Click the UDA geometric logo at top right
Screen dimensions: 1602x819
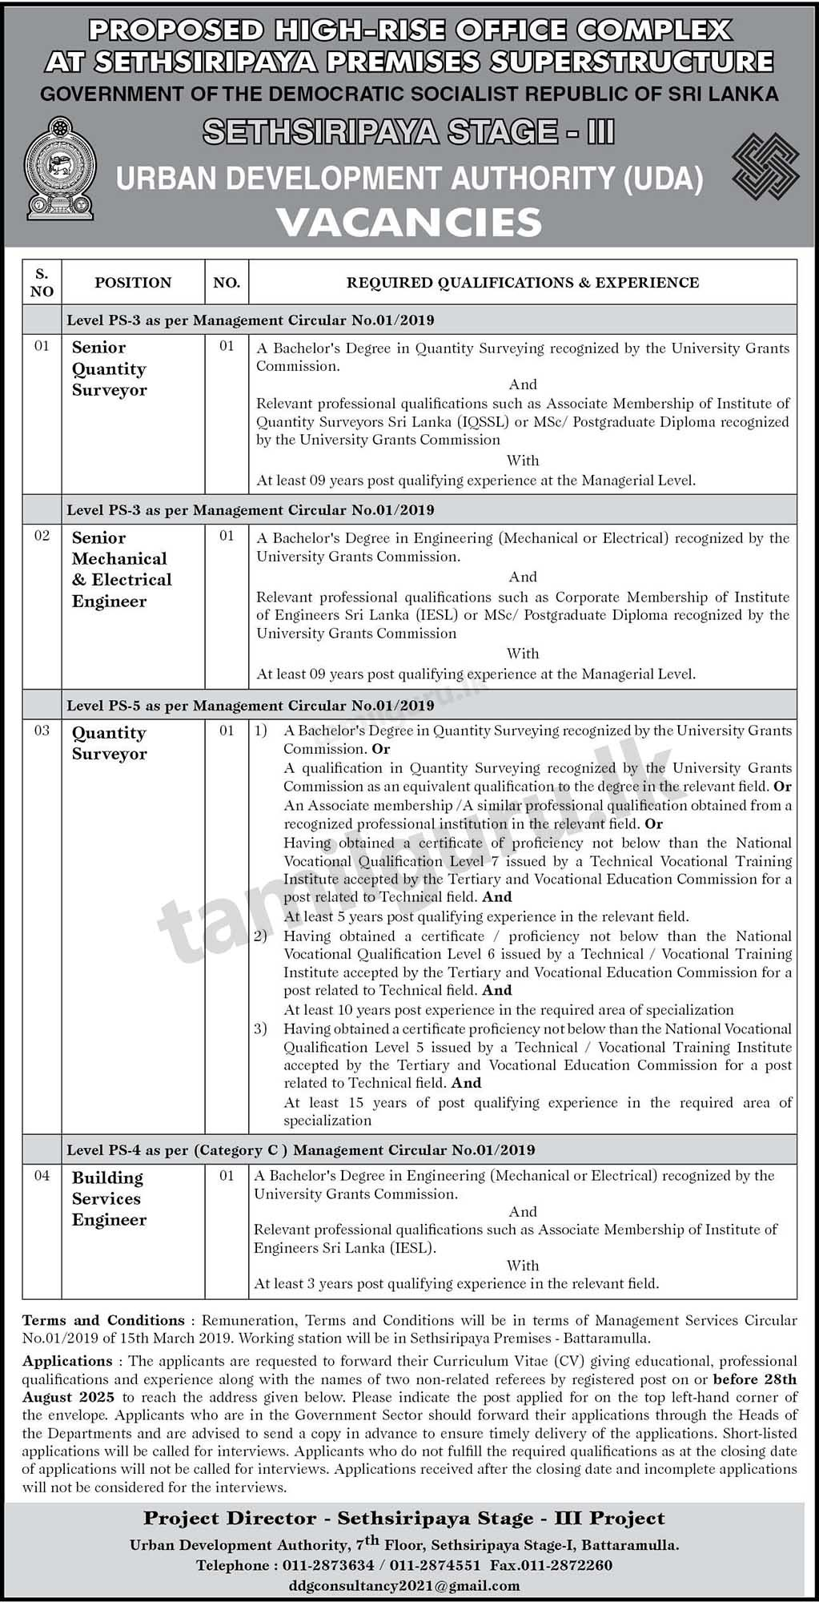pyautogui.click(x=765, y=168)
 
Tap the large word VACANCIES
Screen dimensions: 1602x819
pyautogui.click(x=409, y=222)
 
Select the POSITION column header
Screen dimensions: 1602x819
pyautogui.click(x=133, y=283)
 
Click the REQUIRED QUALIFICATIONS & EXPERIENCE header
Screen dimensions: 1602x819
pyautogui.click(x=522, y=283)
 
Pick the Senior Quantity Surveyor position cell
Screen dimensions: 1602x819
pyautogui.click(x=109, y=368)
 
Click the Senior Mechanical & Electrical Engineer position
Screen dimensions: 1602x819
pyautogui.click(x=122, y=569)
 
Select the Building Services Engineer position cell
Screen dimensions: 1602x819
pyautogui.click(x=109, y=1198)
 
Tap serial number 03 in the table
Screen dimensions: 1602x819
pyautogui.click(x=42, y=731)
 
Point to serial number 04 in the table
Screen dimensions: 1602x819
pyautogui.click(x=42, y=1176)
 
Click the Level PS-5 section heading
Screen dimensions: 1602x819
pyautogui.click(x=250, y=706)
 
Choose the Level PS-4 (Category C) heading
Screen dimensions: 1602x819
pyautogui.click(x=300, y=1150)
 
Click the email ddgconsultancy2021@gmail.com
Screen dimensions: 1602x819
pyautogui.click(x=404, y=1585)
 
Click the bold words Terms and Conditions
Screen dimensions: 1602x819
pyautogui.click(x=103, y=1320)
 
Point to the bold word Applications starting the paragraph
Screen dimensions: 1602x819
pyautogui.click(x=67, y=1361)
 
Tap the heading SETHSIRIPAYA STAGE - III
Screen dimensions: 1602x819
pyautogui.click(x=409, y=132)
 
